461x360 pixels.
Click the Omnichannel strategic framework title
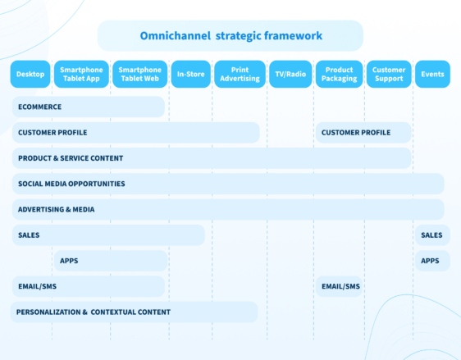tap(230, 36)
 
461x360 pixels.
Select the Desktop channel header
tap(30, 75)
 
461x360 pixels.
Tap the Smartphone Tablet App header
tap(80, 75)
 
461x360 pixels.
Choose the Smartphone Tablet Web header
tap(139, 75)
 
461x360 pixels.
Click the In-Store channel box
tap(190, 75)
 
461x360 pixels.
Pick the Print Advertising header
tap(240, 75)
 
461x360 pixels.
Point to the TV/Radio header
tap(290, 75)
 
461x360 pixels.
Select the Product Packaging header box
tap(339, 75)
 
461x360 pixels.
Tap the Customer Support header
tap(389, 75)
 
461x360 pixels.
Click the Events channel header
tap(432, 75)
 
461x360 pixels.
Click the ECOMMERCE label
tap(39, 107)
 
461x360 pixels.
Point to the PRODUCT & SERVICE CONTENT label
tap(71, 158)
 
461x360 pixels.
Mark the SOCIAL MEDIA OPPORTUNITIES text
tap(71, 184)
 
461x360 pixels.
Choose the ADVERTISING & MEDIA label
tap(56, 209)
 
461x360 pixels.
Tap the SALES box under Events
tap(431, 235)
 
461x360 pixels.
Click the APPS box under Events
tap(431, 261)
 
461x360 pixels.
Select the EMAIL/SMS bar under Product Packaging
tap(340, 286)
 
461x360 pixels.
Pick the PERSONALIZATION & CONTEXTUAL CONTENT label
tap(94, 312)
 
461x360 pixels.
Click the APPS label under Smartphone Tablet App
tap(69, 261)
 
